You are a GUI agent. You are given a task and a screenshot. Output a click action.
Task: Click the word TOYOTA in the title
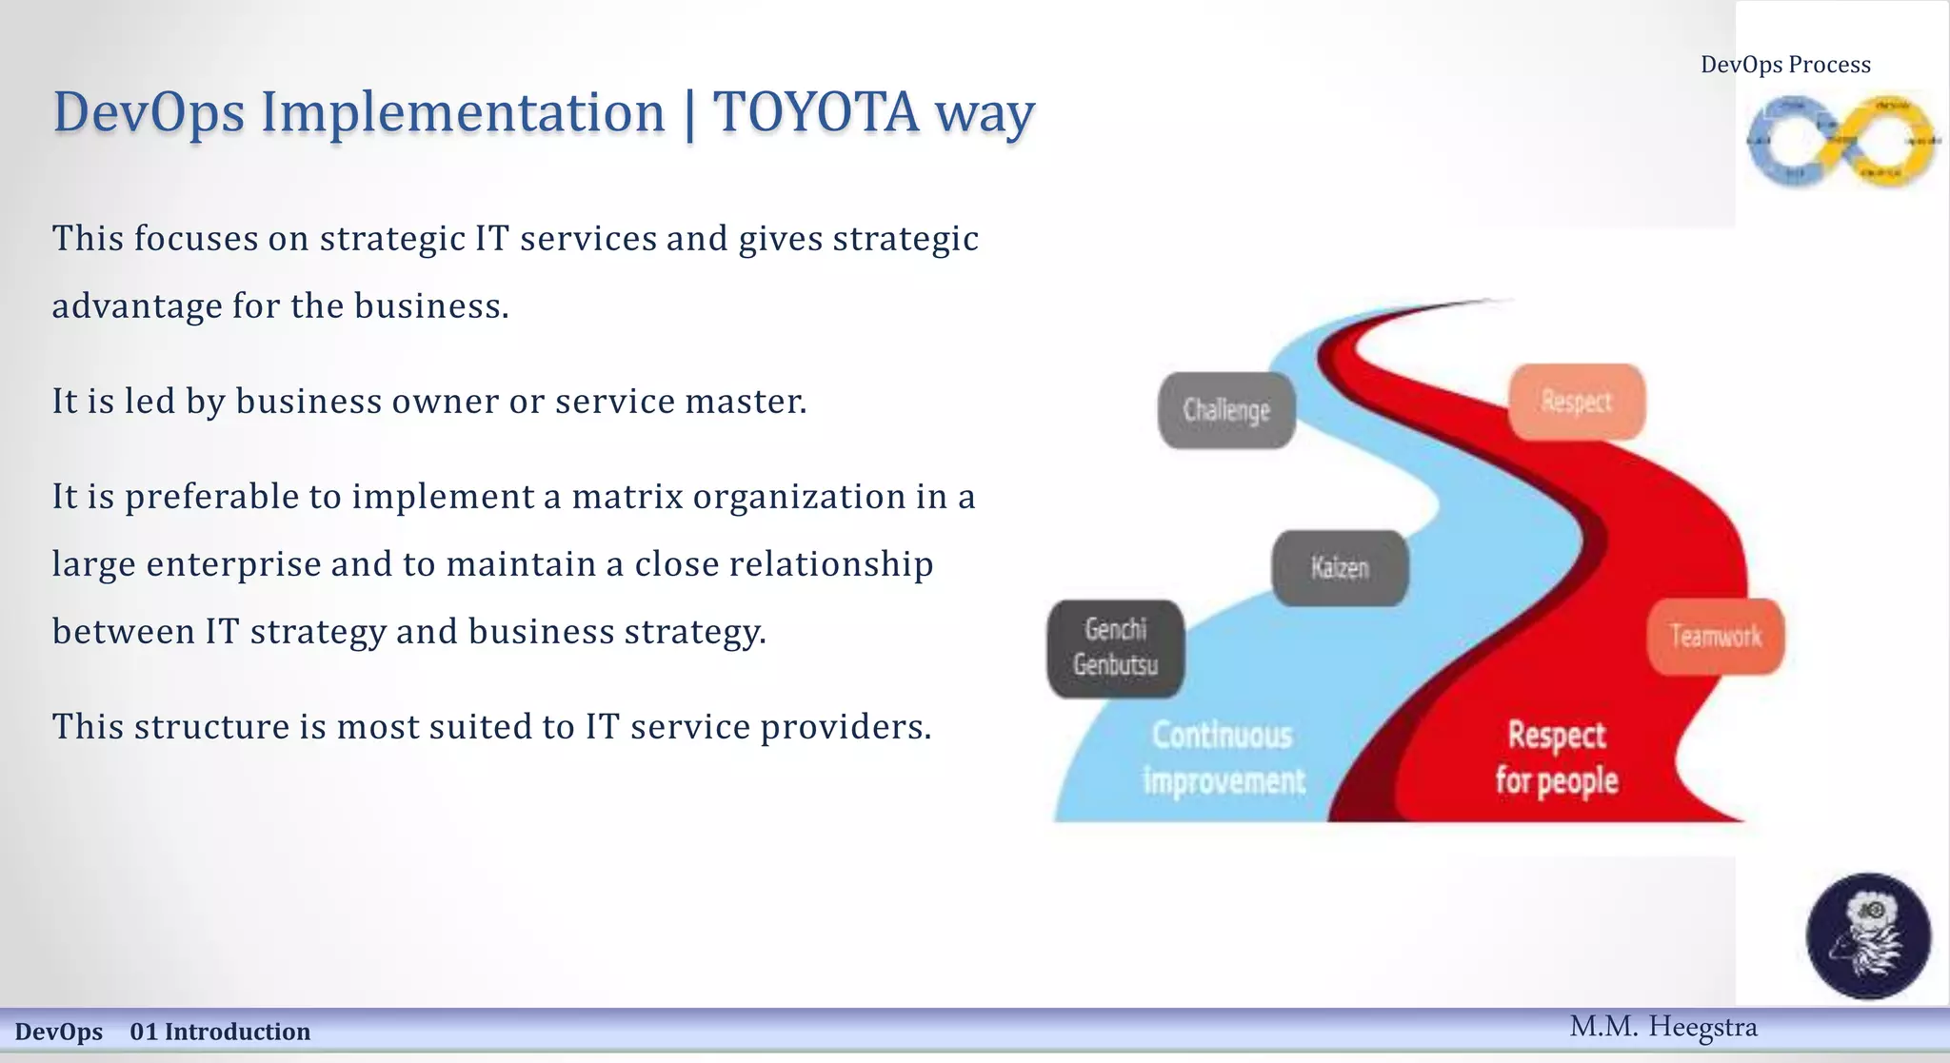pos(816,112)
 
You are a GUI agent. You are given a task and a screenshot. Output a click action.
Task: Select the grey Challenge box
pos(1226,410)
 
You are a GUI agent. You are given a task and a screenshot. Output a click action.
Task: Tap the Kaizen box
pos(1340,568)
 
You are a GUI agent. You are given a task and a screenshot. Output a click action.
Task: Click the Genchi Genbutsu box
pos(1115,647)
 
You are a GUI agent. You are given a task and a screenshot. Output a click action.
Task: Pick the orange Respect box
pos(1577,402)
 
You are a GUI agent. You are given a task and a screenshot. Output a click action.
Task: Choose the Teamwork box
pos(1716,636)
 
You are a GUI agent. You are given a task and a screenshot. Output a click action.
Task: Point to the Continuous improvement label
pos(1224,758)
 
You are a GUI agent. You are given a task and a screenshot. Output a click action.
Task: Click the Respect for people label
pos(1557,758)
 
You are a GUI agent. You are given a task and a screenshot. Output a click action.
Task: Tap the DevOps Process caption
pos(1785,65)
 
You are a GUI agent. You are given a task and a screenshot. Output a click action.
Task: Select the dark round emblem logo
pos(1868,935)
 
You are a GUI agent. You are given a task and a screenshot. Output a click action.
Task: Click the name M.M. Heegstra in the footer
pos(1662,1027)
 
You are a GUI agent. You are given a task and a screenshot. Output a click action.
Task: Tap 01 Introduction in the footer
pos(220,1032)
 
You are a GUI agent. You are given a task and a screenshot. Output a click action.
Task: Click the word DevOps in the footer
pos(58,1032)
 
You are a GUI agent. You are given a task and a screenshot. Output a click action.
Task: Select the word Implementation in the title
pos(463,112)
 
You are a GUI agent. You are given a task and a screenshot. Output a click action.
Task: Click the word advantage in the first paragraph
pos(137,306)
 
